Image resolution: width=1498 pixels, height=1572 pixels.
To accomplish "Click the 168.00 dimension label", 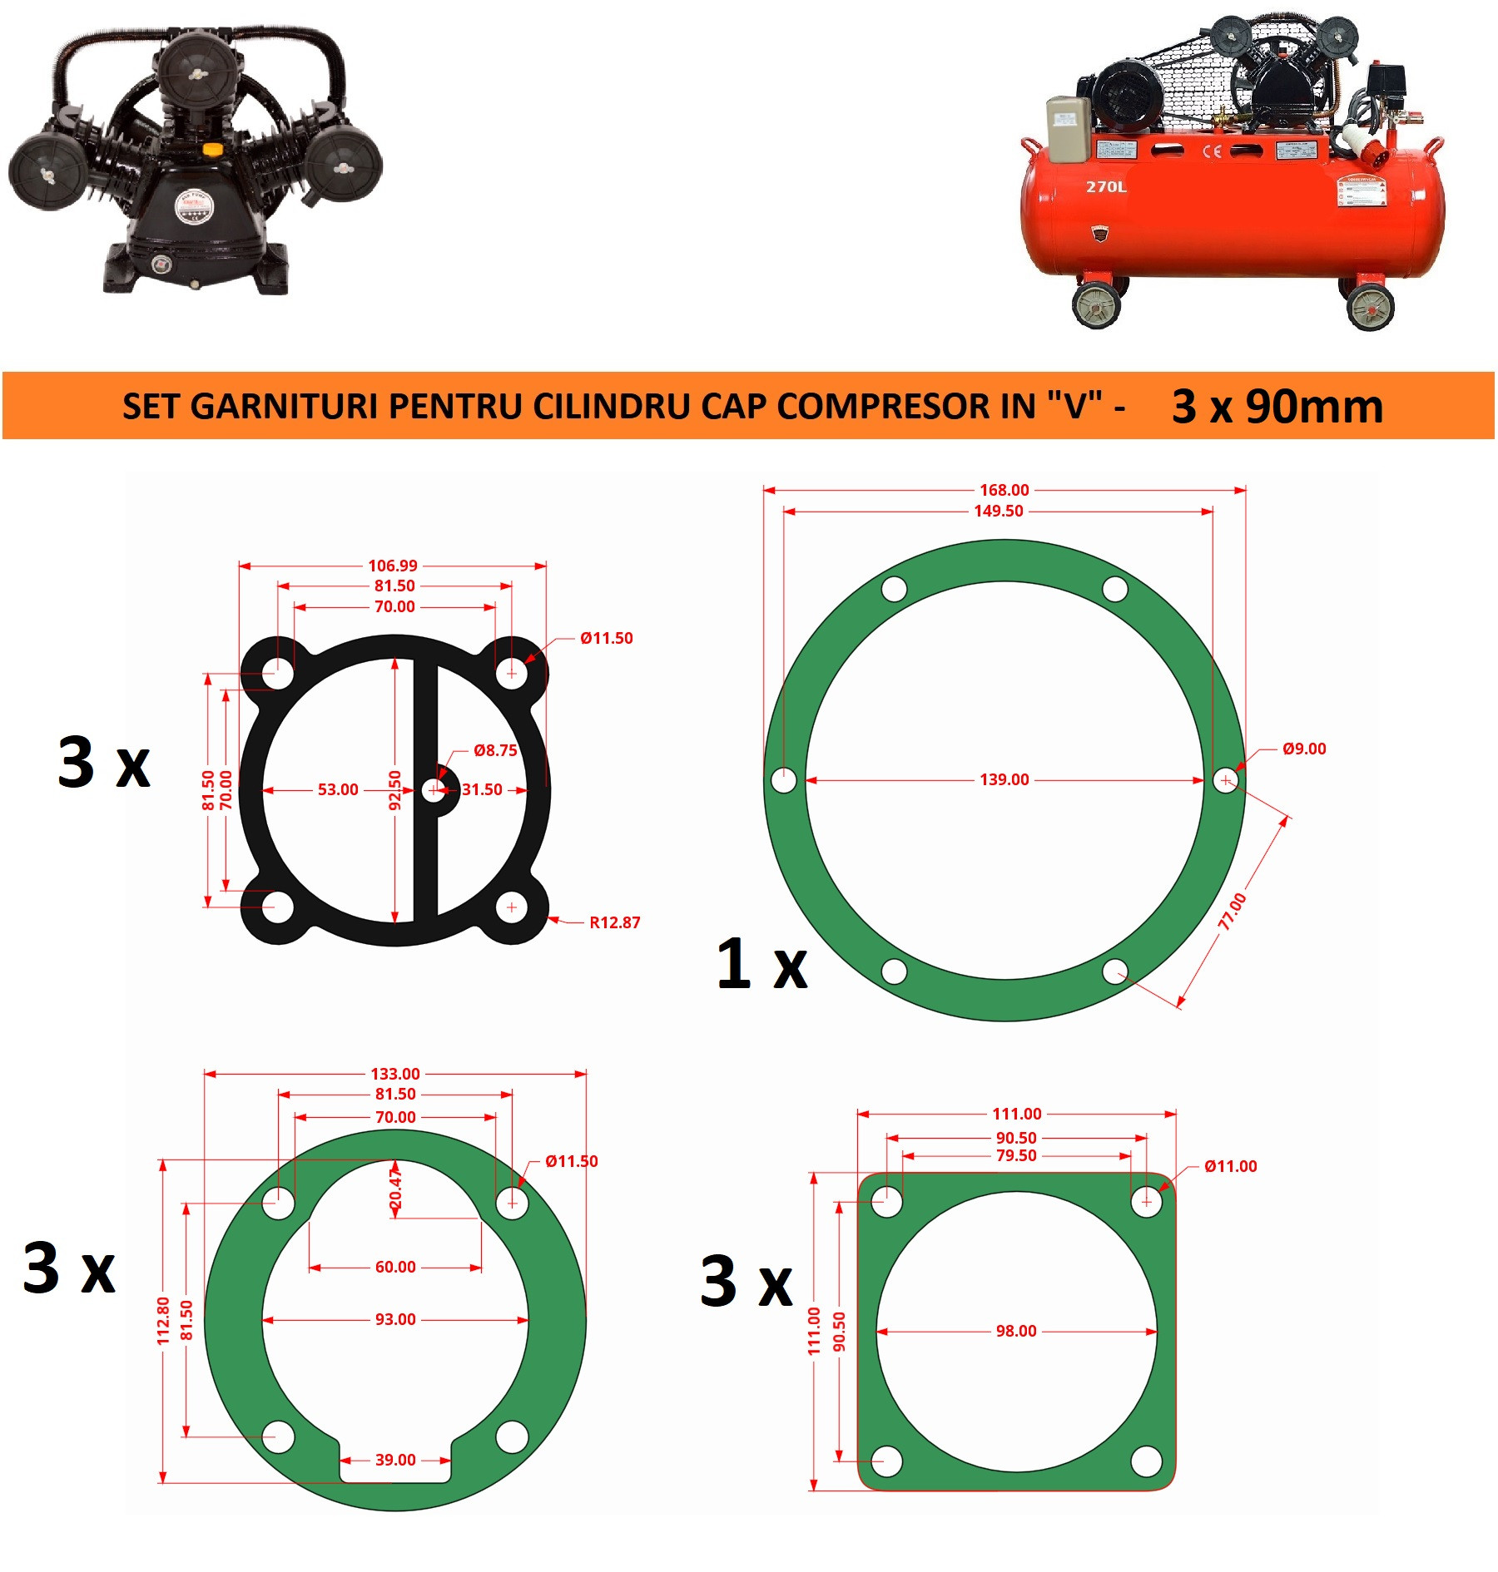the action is tap(1004, 490).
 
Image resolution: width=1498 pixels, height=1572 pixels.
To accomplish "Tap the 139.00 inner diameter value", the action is tap(1004, 779).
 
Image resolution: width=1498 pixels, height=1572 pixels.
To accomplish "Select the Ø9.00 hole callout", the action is tap(1304, 749).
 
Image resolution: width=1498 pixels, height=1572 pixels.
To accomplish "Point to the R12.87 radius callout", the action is tap(615, 922).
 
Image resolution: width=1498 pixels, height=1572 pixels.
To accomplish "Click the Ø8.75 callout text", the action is tap(495, 750).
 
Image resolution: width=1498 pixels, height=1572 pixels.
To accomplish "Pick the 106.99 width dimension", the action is tap(393, 566).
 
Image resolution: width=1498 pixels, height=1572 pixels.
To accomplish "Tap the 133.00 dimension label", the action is tap(395, 1074).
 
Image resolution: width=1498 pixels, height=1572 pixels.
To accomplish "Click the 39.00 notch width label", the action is tap(395, 1460).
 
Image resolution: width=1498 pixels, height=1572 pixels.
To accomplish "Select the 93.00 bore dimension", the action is tap(395, 1319).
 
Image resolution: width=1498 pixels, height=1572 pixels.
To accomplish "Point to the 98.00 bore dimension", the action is tap(1016, 1331).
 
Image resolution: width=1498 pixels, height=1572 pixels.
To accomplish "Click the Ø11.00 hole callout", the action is tap(1231, 1166).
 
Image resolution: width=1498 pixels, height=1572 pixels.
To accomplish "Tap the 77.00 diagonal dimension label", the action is tap(1233, 912).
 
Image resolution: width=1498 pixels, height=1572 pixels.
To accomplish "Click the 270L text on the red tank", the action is tap(1106, 186).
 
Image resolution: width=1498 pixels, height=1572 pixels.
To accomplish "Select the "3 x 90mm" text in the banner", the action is tap(1277, 406).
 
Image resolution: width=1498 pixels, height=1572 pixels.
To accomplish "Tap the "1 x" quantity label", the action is tap(761, 964).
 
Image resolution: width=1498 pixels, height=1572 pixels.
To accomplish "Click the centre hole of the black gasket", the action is tap(434, 789).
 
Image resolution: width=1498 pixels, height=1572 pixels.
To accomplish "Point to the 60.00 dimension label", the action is tap(395, 1267).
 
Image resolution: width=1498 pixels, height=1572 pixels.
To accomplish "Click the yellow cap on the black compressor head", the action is tap(213, 150).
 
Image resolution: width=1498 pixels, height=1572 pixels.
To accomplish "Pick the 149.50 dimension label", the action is tap(999, 511).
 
